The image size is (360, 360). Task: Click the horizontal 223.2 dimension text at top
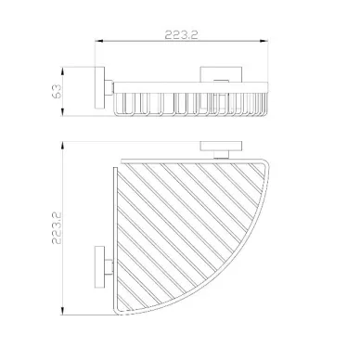tap(181, 34)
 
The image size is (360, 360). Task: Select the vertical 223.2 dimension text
tap(57, 228)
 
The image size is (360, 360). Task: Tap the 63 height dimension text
tap(57, 91)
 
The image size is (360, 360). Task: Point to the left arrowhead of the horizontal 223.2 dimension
tap(98, 41)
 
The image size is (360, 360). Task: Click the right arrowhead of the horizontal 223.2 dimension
tap(264, 41)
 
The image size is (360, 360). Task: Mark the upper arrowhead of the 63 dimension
tap(62, 71)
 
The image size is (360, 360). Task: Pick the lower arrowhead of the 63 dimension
tap(62, 112)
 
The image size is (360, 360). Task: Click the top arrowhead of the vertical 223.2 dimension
tap(62, 146)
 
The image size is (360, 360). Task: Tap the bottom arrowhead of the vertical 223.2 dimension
tap(62, 311)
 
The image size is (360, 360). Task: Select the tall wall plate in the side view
tap(100, 87)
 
